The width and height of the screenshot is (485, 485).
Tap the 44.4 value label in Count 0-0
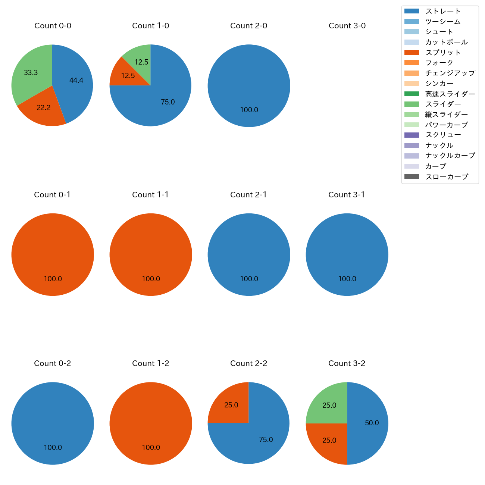pos(76,80)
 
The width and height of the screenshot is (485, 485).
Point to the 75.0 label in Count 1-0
pos(168,102)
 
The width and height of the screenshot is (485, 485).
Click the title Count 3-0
pos(347,26)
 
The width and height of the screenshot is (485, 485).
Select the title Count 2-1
pos(248,195)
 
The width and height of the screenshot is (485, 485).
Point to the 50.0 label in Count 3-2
pos(372,423)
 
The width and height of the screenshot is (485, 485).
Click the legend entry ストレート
pos(443,11)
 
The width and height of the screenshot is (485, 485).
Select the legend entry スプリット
pos(443,53)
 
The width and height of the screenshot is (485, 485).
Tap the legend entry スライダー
pos(443,104)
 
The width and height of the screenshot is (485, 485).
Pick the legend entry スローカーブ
pos(447,177)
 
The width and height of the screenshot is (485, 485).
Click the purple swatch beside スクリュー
pos(412,135)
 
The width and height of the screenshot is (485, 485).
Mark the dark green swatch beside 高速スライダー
pos(412,94)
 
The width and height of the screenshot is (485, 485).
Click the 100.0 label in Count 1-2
pos(151,447)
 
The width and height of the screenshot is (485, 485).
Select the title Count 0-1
pos(52,195)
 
